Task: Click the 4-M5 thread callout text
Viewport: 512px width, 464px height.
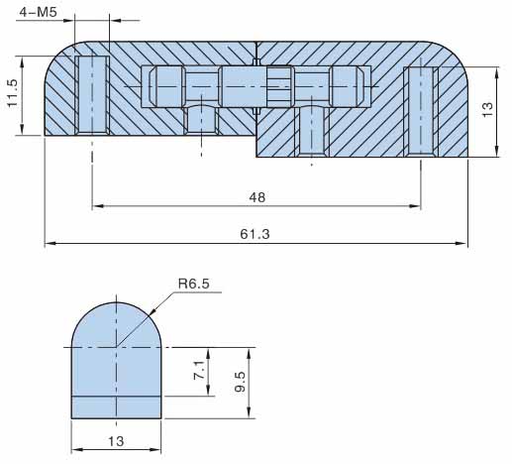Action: tap(38, 12)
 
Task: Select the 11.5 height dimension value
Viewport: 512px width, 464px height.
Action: tap(12, 93)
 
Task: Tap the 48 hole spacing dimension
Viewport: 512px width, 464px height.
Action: tap(256, 197)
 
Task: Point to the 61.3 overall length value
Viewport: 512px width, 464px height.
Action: tap(255, 234)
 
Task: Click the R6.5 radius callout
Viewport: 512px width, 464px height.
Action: tap(194, 284)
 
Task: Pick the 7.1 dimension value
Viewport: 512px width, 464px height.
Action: tap(199, 370)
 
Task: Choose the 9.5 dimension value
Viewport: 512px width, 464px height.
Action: tap(240, 382)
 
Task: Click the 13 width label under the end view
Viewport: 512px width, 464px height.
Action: tap(116, 441)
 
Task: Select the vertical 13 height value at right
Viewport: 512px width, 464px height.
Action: tap(487, 109)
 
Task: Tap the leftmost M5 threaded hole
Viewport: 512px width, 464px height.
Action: tap(92, 95)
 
